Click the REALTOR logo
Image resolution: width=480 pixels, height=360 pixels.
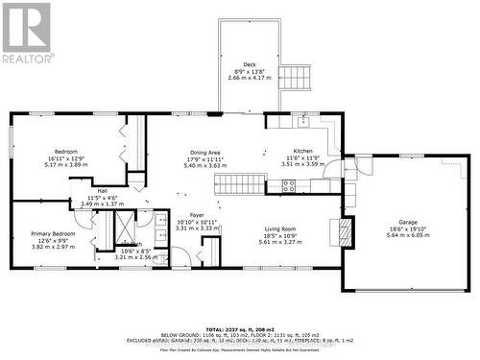(x=26, y=33)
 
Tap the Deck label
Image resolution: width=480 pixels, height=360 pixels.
(x=249, y=65)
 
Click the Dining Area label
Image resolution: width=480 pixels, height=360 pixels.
(x=204, y=152)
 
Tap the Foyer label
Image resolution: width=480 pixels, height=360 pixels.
(x=196, y=215)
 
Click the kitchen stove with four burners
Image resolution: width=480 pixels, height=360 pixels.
(x=290, y=186)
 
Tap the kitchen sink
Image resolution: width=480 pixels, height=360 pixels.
(x=303, y=121)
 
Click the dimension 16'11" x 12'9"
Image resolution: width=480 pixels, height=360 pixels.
(x=66, y=157)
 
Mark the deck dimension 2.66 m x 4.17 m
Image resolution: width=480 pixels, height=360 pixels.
(x=249, y=79)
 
